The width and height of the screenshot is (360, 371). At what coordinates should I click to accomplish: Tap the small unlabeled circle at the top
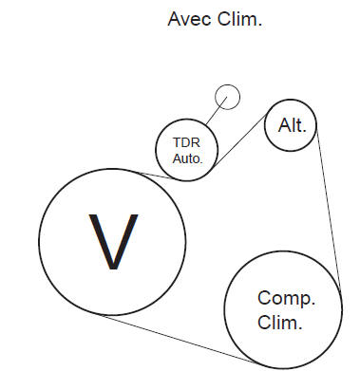(x=227, y=96)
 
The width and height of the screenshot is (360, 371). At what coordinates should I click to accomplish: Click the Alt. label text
(x=292, y=125)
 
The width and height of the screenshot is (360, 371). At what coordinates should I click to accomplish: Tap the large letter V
(x=113, y=243)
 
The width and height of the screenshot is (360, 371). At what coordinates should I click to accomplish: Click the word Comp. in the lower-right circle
(x=286, y=298)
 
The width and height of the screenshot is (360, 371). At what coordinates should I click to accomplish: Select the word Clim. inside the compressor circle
(x=280, y=323)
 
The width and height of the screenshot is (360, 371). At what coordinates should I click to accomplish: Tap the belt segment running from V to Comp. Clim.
(x=180, y=339)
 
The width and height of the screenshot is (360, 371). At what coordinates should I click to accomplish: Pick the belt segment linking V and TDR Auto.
(x=152, y=175)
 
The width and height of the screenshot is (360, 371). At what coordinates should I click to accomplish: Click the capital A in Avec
(x=173, y=19)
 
